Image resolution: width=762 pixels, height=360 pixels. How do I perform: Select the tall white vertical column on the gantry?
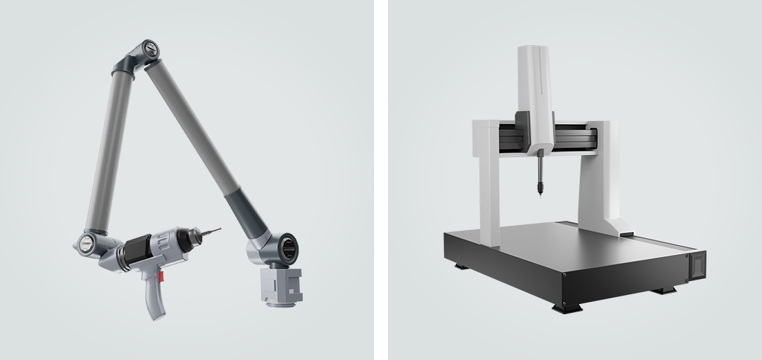pos(535,90)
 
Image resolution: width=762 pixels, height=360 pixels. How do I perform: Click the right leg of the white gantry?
pos(600,180)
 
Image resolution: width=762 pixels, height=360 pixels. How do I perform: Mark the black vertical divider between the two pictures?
pos(381,180)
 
